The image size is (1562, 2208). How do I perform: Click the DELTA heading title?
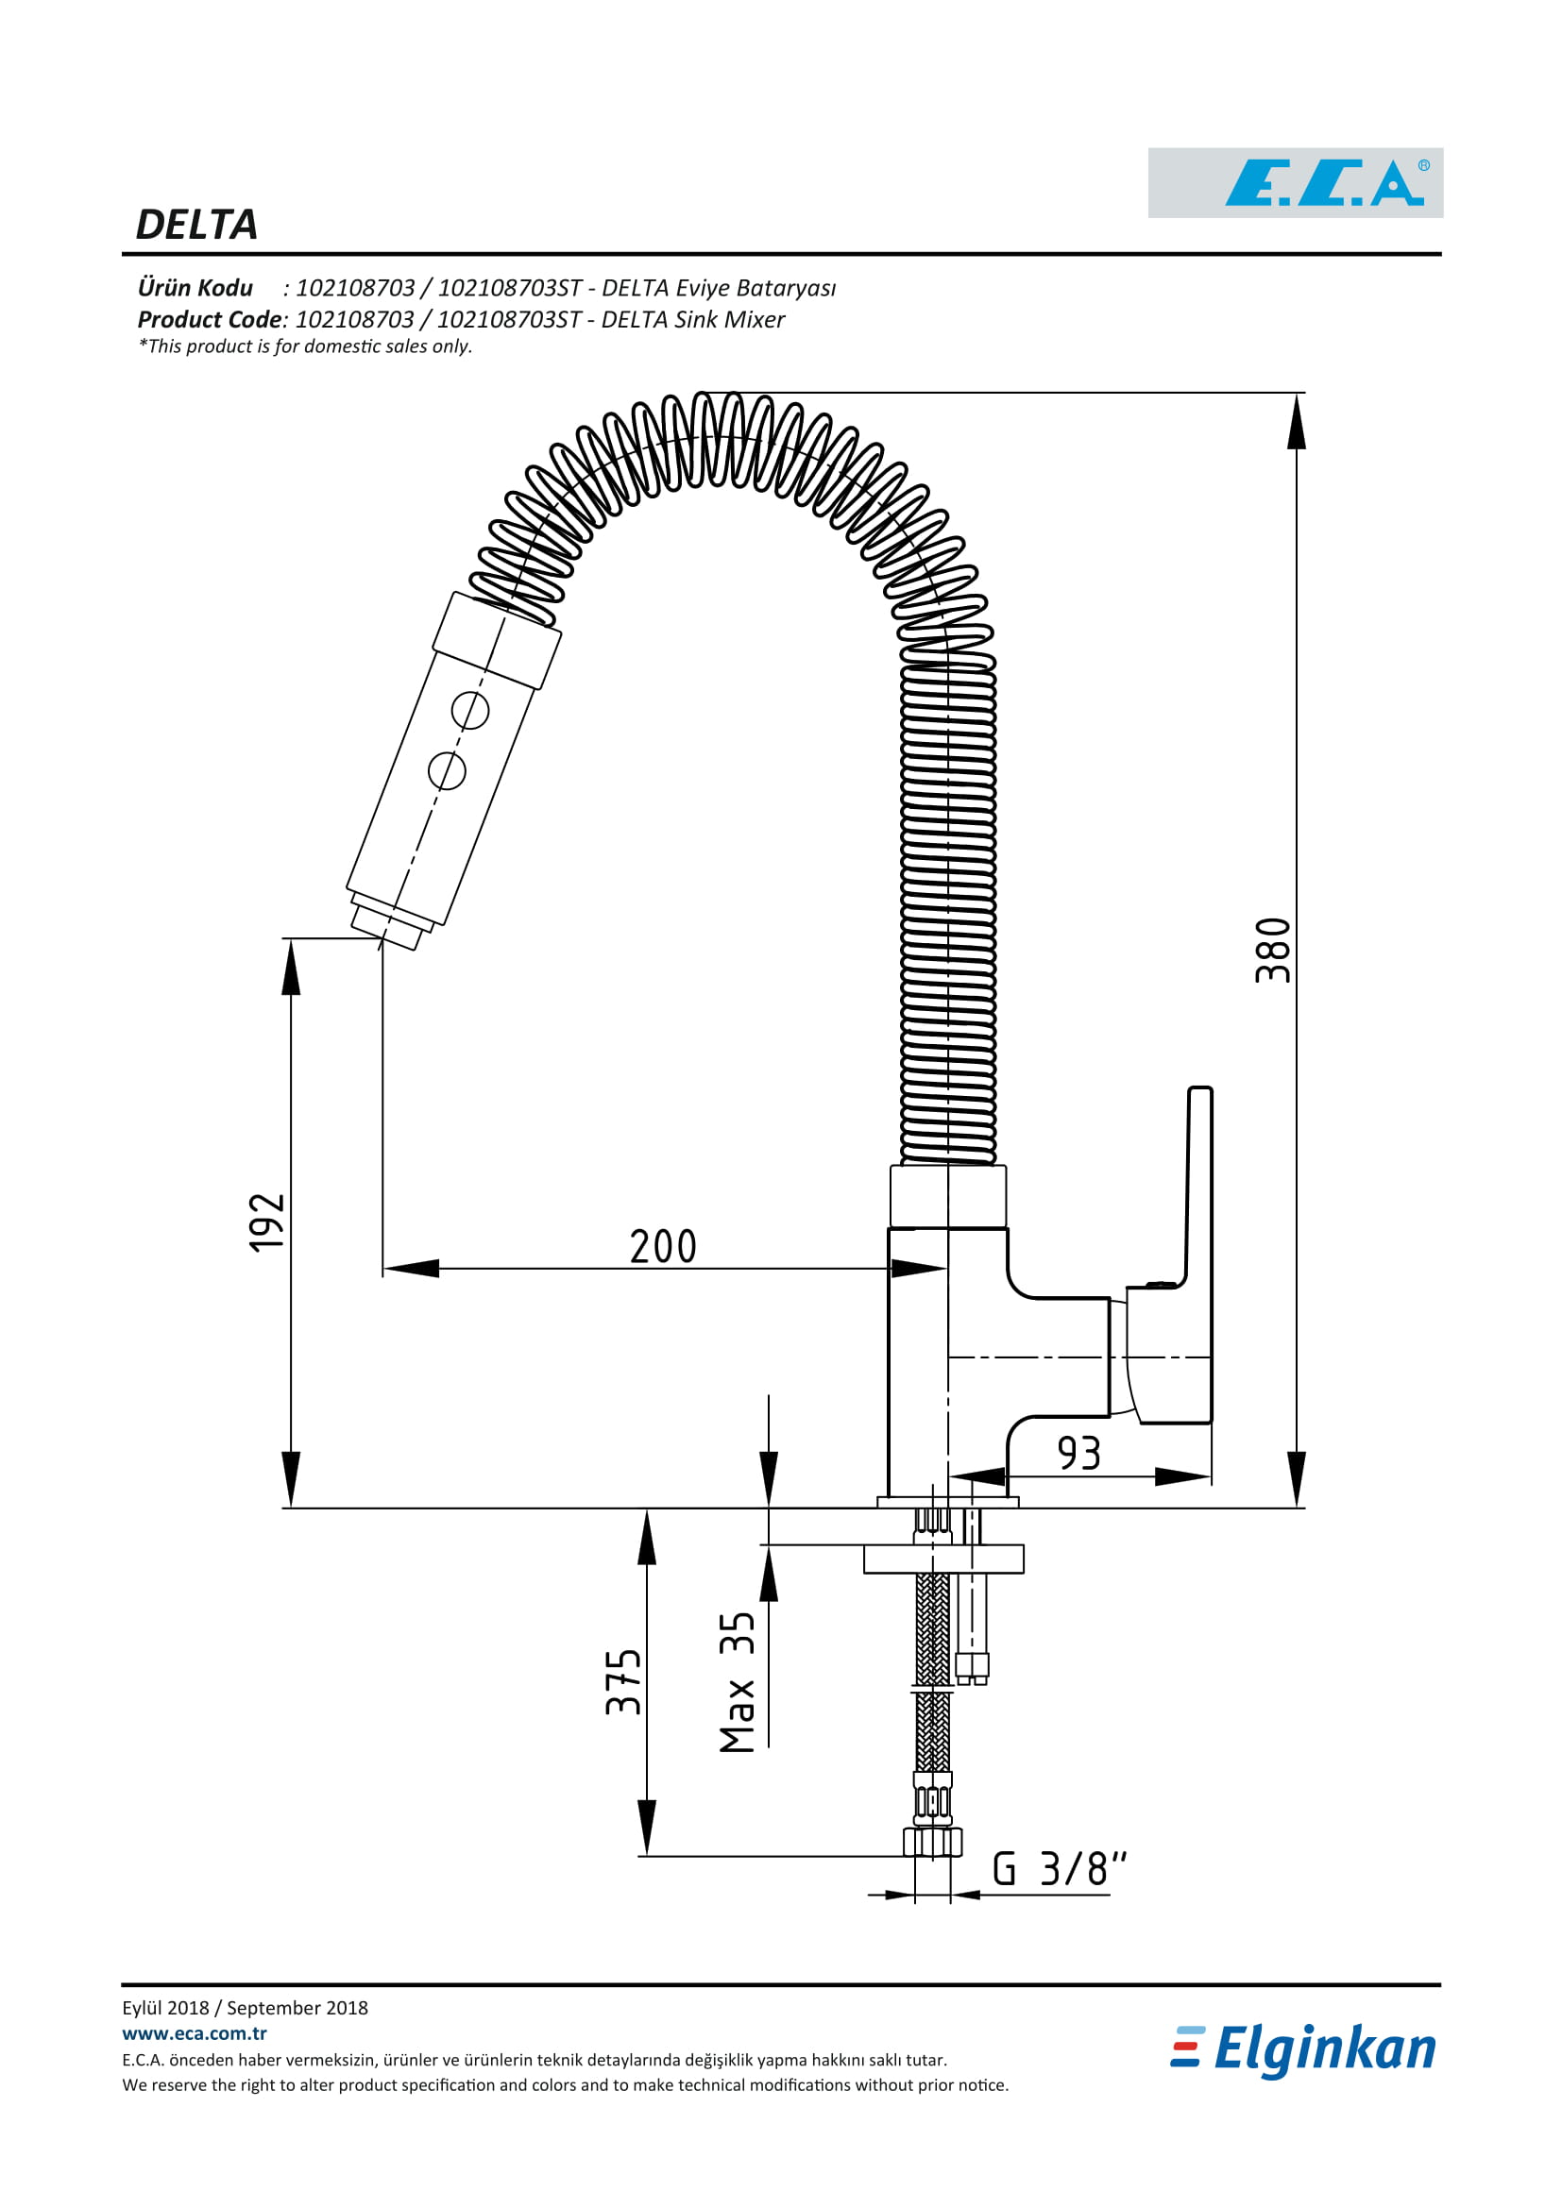(197, 225)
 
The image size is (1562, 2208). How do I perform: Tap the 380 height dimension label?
(1272, 951)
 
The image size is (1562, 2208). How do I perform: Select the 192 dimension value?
(266, 1222)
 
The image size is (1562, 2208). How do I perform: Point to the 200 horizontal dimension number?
(663, 1246)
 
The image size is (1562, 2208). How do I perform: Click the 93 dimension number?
(1078, 1453)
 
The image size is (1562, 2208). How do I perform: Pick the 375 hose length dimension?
(622, 1682)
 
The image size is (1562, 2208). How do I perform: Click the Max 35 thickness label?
(737, 1682)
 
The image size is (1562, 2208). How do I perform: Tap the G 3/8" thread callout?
(1059, 1868)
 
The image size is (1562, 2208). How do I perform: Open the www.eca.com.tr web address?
(195, 2033)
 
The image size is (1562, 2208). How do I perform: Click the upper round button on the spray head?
(470, 711)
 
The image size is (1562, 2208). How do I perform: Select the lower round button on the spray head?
(447, 770)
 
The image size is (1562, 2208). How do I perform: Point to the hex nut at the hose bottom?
(932, 1843)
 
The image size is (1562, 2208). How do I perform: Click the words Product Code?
(210, 319)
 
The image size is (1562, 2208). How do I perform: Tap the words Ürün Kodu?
(195, 288)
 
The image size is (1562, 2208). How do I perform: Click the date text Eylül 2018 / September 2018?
(246, 2007)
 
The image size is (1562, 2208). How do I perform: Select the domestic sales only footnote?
(305, 346)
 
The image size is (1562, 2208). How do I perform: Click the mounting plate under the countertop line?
(943, 1559)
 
